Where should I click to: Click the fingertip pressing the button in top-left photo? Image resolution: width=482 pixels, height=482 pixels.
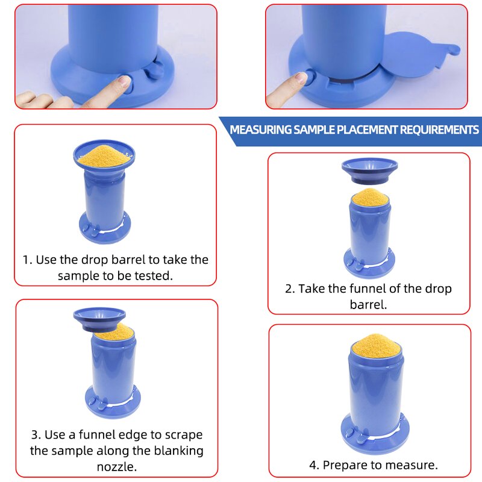point(124,82)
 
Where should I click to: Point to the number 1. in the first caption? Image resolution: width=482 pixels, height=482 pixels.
point(27,260)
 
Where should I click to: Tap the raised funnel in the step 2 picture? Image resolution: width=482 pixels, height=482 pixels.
point(369,171)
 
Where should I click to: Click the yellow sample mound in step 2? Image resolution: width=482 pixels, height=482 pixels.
point(369,196)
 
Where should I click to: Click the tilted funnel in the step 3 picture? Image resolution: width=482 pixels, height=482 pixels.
point(99,318)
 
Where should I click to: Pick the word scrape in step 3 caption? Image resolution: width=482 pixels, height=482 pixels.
point(183,435)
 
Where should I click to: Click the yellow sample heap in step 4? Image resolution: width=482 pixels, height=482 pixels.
point(376,346)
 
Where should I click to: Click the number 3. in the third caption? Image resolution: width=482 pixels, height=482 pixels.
point(36,435)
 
